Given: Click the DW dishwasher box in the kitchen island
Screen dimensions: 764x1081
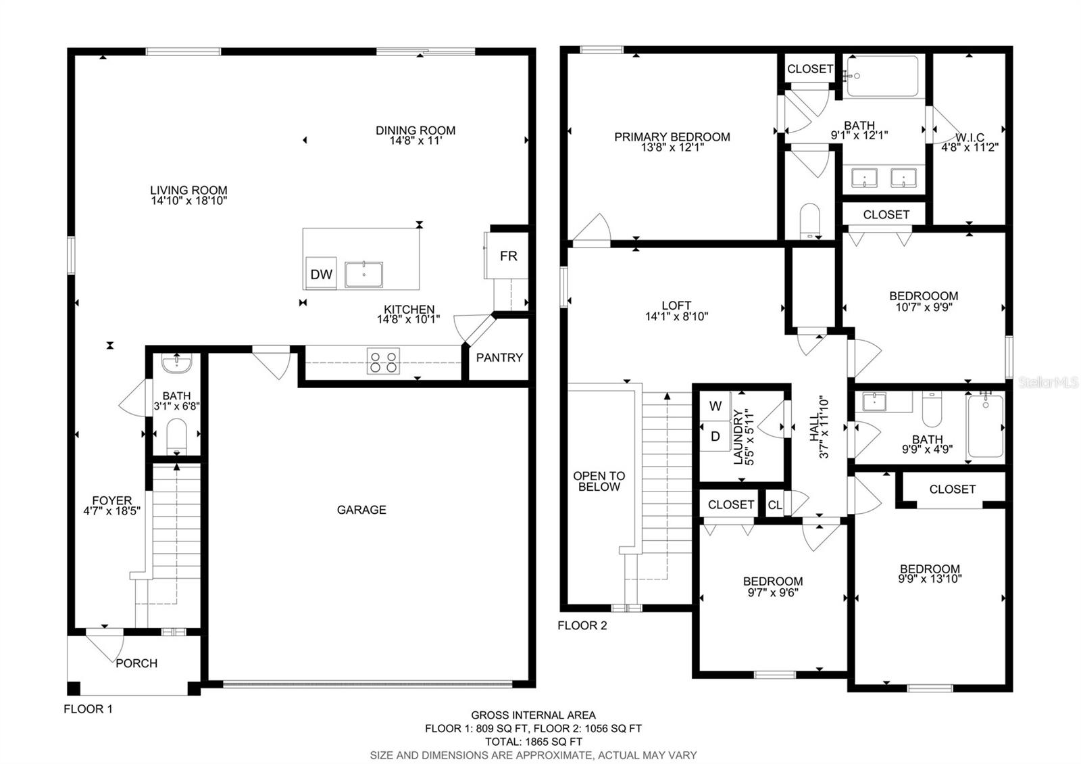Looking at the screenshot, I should (321, 274).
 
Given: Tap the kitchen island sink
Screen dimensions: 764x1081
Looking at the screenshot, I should (363, 274).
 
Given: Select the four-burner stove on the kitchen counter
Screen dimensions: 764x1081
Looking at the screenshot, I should (383, 361).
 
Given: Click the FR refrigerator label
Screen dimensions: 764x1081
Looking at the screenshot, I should (508, 256).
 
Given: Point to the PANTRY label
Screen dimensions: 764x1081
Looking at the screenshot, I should (499, 358).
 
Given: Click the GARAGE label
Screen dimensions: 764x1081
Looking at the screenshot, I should (361, 510).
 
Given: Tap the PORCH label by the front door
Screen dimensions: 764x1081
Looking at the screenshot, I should (136, 663).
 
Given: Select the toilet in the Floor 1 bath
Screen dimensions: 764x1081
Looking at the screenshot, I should (176, 436).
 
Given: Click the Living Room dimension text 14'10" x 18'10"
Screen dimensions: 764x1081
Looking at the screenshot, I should (188, 201).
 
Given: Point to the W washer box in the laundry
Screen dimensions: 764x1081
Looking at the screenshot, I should (715, 406).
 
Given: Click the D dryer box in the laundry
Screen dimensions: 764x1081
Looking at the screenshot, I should (715, 437).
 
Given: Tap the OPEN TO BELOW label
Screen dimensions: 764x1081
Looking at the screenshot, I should (599, 481).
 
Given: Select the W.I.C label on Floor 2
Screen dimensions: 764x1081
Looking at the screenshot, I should (970, 138).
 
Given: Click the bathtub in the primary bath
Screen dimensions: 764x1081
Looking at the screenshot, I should (882, 76).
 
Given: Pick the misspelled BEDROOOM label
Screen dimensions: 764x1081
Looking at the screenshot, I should (923, 296).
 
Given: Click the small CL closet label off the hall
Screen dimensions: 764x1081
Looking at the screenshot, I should (775, 505).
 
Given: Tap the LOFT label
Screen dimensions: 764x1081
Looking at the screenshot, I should (676, 306).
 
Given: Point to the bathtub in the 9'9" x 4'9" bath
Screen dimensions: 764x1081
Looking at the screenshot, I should (985, 426).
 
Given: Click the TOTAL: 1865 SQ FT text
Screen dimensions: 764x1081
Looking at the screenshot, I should (533, 742).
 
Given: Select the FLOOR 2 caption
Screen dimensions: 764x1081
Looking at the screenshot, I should (582, 625).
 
